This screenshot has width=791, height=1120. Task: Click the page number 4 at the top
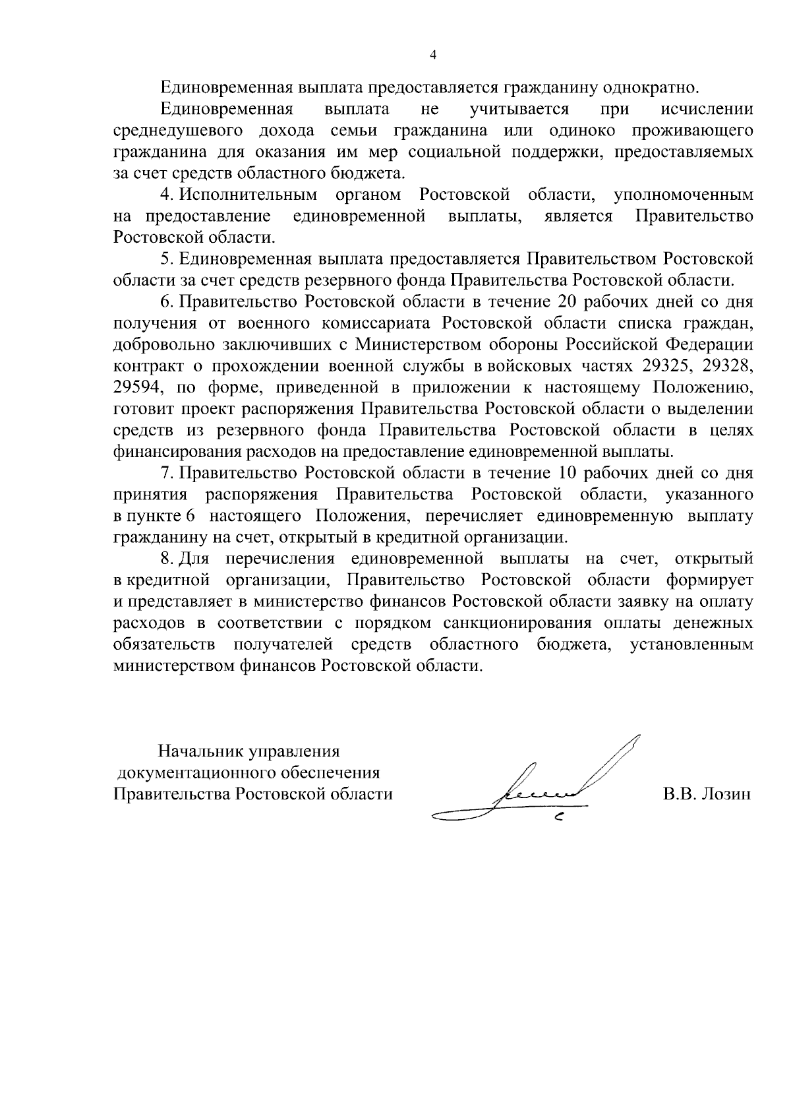point(433,55)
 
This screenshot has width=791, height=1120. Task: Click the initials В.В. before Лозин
point(680,793)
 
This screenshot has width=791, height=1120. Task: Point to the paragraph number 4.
point(165,195)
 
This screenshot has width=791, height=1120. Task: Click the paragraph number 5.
point(165,259)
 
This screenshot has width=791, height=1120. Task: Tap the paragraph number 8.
point(165,559)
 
